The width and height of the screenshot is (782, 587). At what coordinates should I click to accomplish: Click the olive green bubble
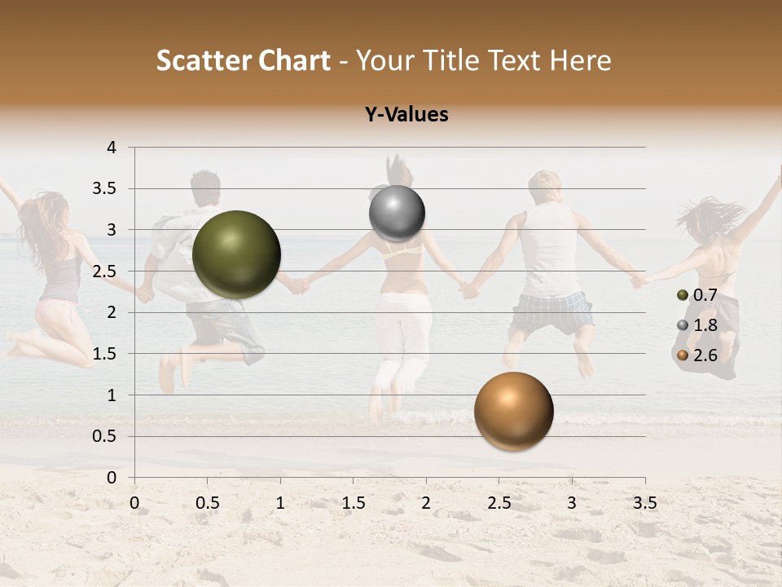(x=236, y=254)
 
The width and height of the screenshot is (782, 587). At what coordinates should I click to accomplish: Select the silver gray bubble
(x=397, y=214)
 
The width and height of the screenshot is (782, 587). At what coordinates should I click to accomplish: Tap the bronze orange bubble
(x=513, y=411)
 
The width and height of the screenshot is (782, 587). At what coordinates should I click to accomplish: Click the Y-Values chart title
(x=406, y=115)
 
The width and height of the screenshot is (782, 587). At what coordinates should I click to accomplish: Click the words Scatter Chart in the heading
(x=244, y=60)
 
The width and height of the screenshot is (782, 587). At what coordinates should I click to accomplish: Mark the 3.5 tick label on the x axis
(x=644, y=503)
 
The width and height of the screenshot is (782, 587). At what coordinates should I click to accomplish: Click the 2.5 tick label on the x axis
(x=499, y=503)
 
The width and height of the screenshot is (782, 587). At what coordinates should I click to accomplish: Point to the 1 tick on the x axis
(x=280, y=503)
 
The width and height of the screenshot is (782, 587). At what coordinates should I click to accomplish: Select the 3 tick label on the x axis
(x=572, y=503)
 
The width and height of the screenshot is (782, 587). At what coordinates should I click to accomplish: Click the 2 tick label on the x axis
(x=426, y=503)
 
